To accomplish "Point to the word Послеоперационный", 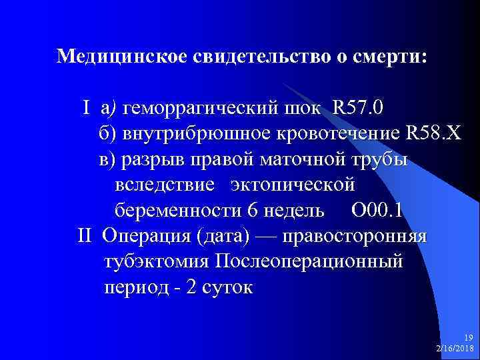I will coord(309,262).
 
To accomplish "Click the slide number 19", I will coord(468,337).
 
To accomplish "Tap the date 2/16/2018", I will coord(454,349).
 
